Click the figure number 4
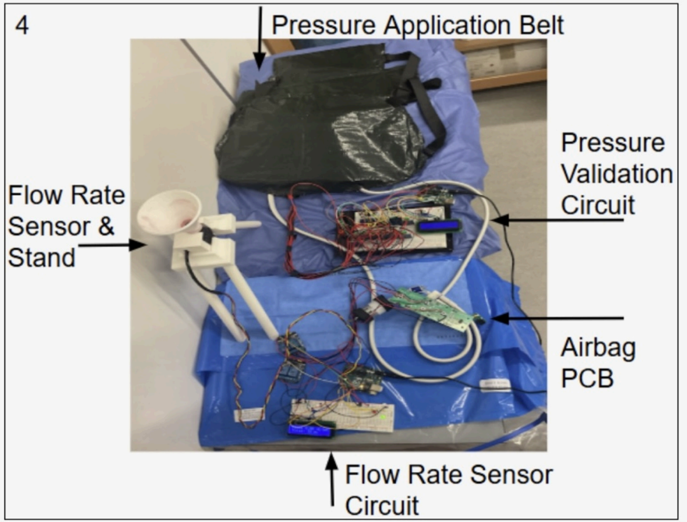(x=21, y=27)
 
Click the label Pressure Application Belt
(x=417, y=26)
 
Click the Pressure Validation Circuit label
(x=616, y=173)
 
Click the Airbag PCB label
(x=598, y=362)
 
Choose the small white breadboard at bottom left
(x=249, y=414)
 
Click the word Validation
(x=616, y=173)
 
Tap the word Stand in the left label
(x=41, y=257)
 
